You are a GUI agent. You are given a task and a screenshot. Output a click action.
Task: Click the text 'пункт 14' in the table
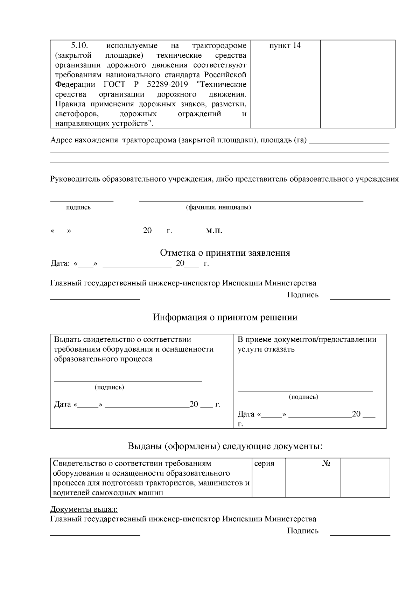[x=285, y=46]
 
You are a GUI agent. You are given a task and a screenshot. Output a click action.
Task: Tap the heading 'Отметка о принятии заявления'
[x=225, y=253]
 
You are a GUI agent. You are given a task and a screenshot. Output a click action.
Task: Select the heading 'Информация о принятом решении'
[x=225, y=317]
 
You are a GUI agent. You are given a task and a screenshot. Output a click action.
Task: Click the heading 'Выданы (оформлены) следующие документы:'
[x=225, y=446]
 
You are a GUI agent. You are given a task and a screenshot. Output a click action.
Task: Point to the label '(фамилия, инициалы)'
[x=218, y=207]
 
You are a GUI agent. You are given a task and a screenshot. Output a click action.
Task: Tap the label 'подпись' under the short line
[x=78, y=207]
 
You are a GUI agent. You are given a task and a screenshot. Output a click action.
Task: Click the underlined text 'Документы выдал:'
[x=84, y=509]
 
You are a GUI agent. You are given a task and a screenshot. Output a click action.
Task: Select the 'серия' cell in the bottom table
[x=264, y=464]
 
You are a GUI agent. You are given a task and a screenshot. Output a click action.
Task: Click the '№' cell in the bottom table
[x=327, y=464]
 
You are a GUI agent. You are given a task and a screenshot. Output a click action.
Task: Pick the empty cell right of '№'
[x=365, y=478]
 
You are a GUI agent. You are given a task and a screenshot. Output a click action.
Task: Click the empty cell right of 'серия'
[x=302, y=478]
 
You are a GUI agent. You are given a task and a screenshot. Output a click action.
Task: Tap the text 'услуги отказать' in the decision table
[x=266, y=349]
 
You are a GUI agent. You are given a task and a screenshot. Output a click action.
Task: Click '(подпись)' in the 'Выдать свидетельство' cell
[x=109, y=387]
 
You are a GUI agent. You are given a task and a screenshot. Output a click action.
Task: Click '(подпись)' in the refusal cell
[x=303, y=397]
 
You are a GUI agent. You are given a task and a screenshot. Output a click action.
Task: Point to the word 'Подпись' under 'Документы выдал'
[x=303, y=531]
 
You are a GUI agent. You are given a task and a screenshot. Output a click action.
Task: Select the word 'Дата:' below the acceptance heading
[x=60, y=264]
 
